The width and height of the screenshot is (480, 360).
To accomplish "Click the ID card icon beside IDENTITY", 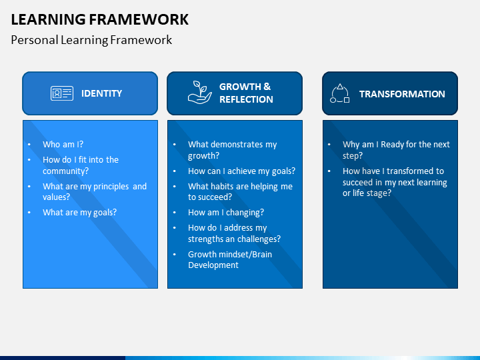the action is (x=62, y=93).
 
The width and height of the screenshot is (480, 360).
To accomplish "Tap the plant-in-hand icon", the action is (x=199, y=93).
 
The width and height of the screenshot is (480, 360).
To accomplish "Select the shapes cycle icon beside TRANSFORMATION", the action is (x=340, y=93).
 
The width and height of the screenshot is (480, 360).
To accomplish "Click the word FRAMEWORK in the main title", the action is (x=139, y=19).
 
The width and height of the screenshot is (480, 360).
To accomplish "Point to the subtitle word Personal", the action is (x=35, y=40).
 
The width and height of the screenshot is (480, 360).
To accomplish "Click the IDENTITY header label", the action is (x=101, y=93).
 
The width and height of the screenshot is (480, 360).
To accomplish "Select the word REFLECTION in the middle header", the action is (x=246, y=99).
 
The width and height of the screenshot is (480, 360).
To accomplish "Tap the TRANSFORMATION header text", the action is (x=402, y=94).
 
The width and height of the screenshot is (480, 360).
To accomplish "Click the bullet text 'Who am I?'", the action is (x=63, y=144).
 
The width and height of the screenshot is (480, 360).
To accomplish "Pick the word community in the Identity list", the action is (x=65, y=171).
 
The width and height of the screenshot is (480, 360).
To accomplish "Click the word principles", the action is (x=111, y=187).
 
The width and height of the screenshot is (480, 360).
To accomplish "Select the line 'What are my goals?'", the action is (x=79, y=213).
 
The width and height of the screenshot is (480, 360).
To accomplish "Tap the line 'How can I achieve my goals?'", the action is (x=242, y=171).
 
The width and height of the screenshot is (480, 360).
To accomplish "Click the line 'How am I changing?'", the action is (x=226, y=213).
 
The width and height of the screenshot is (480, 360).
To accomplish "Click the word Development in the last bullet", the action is (x=213, y=265).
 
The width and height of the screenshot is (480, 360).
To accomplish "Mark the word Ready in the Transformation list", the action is (x=392, y=145).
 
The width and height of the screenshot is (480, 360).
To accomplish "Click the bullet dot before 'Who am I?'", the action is (x=29, y=145).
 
